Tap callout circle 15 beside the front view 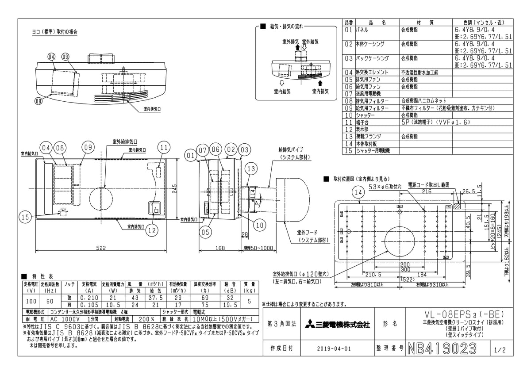[26, 217]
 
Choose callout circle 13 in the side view [251, 168]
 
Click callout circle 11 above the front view [164, 147]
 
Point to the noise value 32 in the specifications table [230, 298]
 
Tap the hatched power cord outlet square [457, 206]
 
